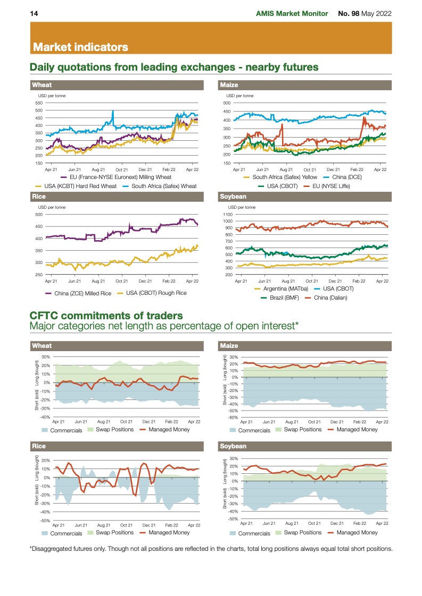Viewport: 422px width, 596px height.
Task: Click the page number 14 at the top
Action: [x=33, y=13]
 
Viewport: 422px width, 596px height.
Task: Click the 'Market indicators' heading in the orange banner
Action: [x=80, y=47]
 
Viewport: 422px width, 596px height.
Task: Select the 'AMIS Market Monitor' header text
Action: [x=292, y=13]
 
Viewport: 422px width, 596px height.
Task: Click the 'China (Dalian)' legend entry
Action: [x=330, y=298]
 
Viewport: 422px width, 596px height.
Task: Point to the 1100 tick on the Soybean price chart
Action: [x=228, y=214]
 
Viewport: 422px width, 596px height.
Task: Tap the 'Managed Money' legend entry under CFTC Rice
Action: [x=169, y=532]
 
